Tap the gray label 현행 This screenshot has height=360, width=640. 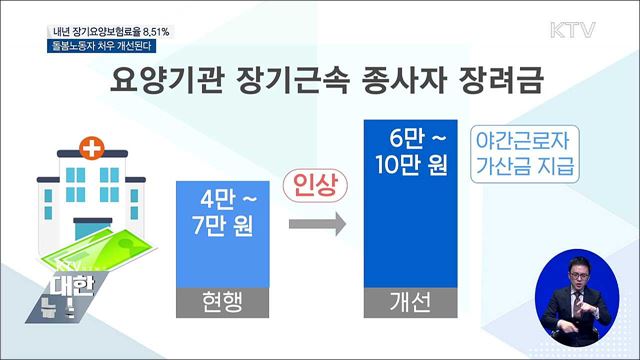223,301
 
